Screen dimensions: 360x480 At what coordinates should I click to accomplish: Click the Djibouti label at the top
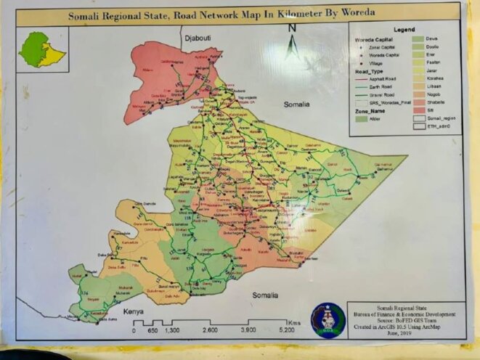[196, 37]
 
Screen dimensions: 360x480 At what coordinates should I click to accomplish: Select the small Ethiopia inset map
[42, 49]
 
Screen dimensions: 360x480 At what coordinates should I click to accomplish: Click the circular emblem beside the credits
[328, 319]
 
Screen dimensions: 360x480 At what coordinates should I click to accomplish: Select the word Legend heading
[404, 29]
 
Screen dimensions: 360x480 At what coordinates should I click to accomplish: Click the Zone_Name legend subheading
[370, 110]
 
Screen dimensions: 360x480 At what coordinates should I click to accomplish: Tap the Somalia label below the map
[265, 295]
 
